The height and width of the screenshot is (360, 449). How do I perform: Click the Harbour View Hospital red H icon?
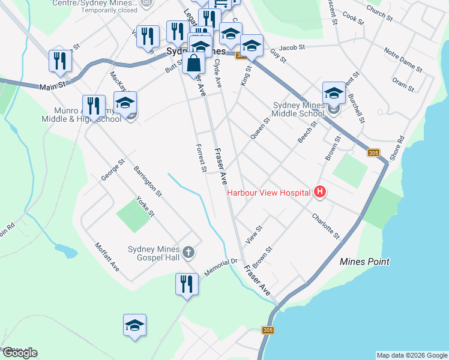pos(320,192)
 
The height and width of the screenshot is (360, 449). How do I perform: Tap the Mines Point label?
pos(364,262)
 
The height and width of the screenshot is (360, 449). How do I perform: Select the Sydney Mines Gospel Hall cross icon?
pos(188,252)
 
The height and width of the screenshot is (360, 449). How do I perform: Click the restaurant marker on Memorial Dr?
pos(187,284)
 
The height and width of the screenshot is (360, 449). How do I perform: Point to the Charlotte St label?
pos(325,226)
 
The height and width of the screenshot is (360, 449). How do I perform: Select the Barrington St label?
pos(148,181)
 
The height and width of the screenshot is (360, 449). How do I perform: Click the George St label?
pos(112,169)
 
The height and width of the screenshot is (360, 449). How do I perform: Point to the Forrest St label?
pos(201,158)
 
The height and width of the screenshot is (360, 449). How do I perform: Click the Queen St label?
pos(261,128)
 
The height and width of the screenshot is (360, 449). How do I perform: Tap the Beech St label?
pos(307,132)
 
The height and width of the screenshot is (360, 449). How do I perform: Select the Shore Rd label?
pos(397,147)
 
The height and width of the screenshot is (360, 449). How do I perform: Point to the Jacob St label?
pos(292,47)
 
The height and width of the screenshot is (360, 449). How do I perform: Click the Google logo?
pos(19,353)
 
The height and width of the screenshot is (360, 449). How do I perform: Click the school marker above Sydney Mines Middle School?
pos(334,93)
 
